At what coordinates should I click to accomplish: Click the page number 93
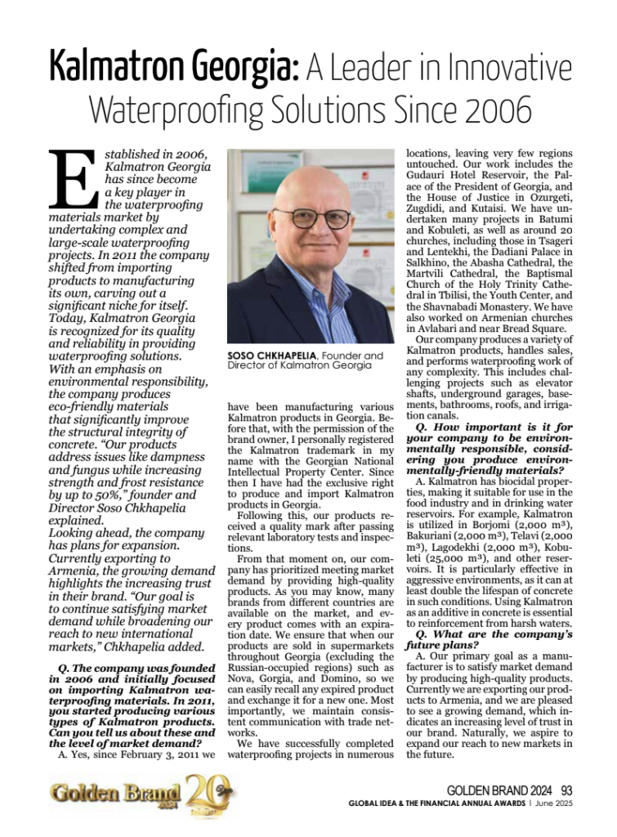pyautogui.click(x=566, y=790)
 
